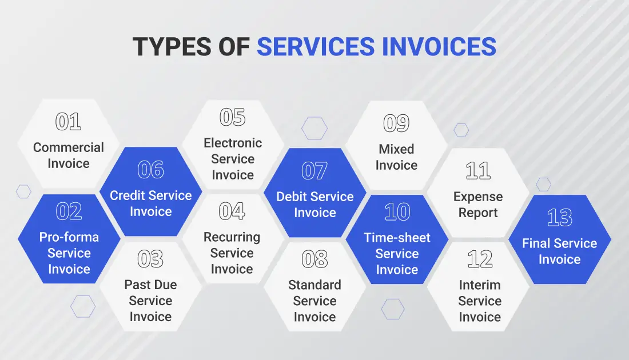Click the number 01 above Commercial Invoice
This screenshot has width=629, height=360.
[x=68, y=122]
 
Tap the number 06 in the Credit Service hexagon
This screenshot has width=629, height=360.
[x=150, y=170]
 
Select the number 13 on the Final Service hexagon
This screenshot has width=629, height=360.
[x=559, y=218]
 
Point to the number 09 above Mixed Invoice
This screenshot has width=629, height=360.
[x=396, y=123]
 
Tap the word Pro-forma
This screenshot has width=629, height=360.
[x=69, y=237]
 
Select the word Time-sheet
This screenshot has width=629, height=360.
[x=397, y=238]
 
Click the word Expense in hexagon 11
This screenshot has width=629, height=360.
[x=478, y=197]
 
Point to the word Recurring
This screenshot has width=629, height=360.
[x=232, y=237]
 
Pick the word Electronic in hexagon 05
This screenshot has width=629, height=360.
[x=233, y=143]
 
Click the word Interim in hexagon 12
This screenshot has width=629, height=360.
[x=479, y=285]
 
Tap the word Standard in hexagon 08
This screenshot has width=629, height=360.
[x=314, y=285]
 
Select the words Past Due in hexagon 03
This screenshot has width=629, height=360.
[x=150, y=285]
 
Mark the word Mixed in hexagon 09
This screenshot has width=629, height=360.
[x=396, y=149]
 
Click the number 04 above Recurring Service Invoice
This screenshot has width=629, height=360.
[x=232, y=211]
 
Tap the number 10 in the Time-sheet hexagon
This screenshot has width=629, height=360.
[x=397, y=212]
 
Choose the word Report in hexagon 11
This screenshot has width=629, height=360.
[x=478, y=213]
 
